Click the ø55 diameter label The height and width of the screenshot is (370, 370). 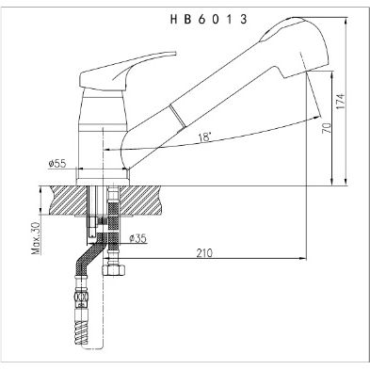tap(57, 165)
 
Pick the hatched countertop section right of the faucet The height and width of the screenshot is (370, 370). tap(146, 201)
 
